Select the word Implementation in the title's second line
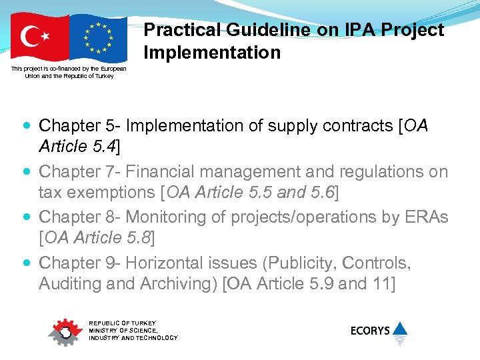pyautogui.click(x=212, y=52)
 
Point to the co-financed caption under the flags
pyautogui.click(x=69, y=72)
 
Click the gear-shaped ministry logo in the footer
pyautogui.click(x=65, y=331)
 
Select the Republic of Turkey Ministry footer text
pyautogui.click(x=133, y=330)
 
